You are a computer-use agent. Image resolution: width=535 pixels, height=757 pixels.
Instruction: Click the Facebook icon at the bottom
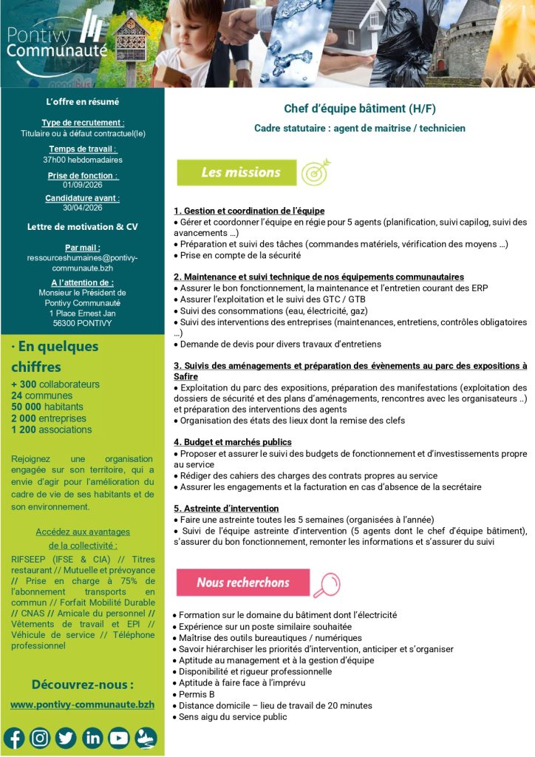click(14, 737)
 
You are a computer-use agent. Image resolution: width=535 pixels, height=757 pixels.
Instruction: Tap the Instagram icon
click(40, 737)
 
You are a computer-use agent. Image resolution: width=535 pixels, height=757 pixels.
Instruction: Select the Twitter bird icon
click(66, 737)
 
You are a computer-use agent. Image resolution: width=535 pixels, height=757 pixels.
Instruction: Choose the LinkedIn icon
click(92, 737)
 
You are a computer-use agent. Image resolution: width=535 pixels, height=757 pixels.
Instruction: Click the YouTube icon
click(119, 737)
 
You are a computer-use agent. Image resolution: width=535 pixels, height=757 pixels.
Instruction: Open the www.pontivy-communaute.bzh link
click(82, 705)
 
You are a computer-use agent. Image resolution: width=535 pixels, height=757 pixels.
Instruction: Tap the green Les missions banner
click(236, 172)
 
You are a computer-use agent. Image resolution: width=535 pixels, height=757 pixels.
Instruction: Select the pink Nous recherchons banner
click(242, 583)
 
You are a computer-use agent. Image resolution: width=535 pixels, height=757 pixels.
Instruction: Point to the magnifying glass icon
click(326, 583)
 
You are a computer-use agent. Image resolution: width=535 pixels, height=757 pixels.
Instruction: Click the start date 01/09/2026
click(83, 185)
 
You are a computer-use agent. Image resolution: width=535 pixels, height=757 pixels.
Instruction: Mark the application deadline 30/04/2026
click(83, 208)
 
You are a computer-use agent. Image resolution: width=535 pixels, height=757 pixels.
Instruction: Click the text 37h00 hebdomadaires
click(83, 159)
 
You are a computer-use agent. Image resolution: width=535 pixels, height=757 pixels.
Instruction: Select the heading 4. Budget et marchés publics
click(233, 442)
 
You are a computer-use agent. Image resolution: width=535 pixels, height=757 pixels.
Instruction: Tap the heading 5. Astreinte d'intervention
click(226, 509)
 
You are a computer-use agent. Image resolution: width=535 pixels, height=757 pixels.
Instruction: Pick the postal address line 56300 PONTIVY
click(83, 323)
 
